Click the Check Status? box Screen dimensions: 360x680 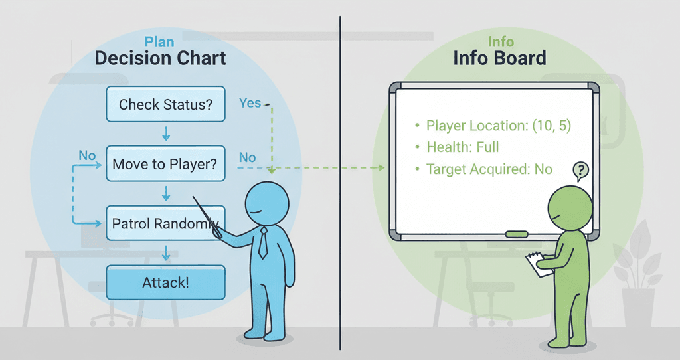coord(166,104)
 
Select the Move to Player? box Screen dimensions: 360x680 coord(165,163)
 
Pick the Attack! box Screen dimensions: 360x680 coord(165,282)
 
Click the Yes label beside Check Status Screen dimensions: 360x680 coord(250,103)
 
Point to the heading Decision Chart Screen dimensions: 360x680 coord(160,58)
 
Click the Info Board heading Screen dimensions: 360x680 coord(499,58)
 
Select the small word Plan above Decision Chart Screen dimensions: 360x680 coord(159,42)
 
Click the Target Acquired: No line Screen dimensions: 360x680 coord(488,169)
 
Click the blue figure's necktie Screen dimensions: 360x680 coord(263,244)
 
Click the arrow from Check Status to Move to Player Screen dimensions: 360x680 coord(166,134)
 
